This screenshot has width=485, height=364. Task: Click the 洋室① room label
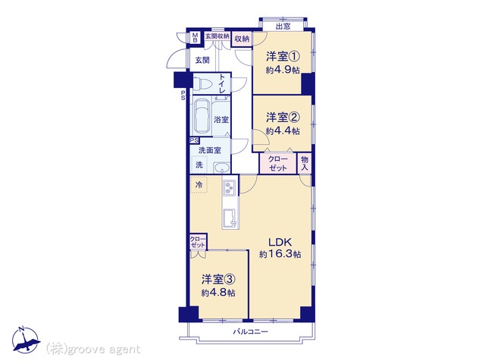click(x=283, y=57)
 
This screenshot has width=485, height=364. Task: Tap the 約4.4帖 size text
click(x=283, y=131)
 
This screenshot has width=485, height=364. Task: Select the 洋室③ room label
click(x=218, y=280)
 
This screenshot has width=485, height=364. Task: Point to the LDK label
click(x=280, y=242)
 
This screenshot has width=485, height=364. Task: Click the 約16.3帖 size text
click(x=280, y=255)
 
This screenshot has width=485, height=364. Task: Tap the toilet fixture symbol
click(x=202, y=83)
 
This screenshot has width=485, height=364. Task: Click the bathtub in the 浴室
click(x=202, y=116)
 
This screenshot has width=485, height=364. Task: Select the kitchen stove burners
click(x=230, y=188)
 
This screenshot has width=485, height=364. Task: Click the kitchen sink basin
click(x=230, y=218)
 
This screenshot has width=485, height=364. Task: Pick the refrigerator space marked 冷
click(x=199, y=185)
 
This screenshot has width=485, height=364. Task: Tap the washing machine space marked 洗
click(x=199, y=165)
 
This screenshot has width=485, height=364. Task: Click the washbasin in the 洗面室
click(x=222, y=168)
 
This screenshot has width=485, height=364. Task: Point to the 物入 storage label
click(x=305, y=164)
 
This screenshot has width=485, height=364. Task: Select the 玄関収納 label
click(x=217, y=36)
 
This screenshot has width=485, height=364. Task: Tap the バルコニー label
click(x=251, y=332)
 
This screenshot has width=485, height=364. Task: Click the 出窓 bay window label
click(x=283, y=27)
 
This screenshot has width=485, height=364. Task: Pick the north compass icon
click(x=26, y=340)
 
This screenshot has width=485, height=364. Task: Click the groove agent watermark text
click(x=92, y=350)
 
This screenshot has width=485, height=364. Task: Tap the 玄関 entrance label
click(x=202, y=60)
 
